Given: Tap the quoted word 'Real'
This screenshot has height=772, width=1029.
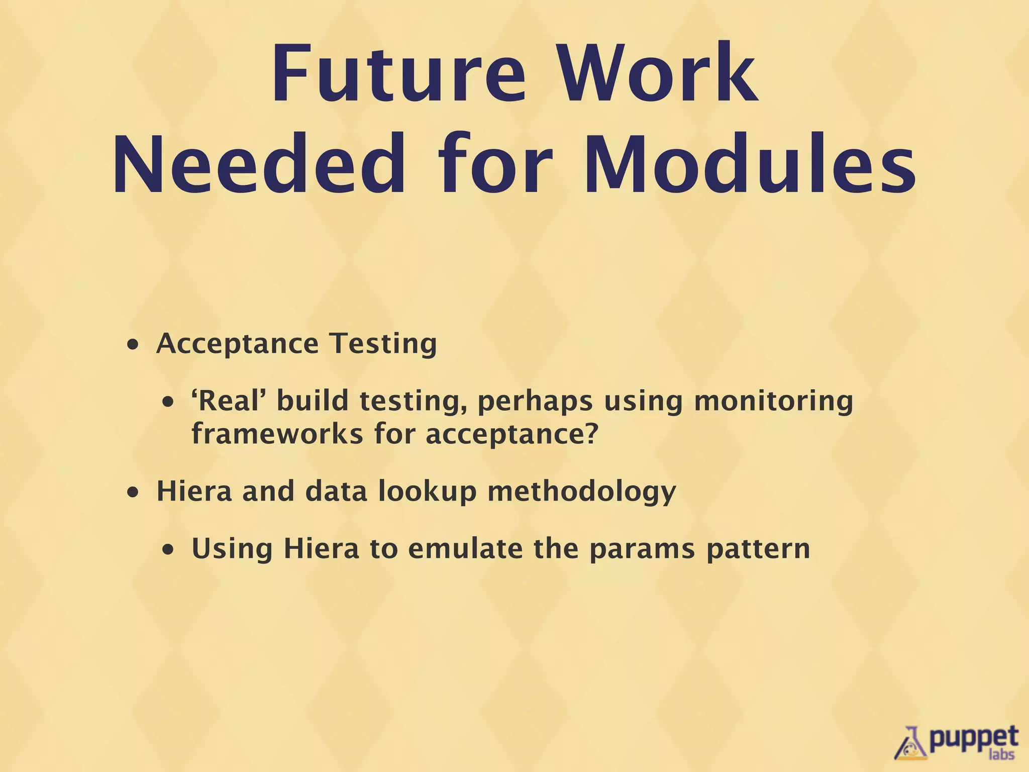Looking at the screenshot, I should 229,401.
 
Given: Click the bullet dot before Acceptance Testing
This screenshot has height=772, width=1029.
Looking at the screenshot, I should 133,346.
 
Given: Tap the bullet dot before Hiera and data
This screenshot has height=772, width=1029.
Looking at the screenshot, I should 133,493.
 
